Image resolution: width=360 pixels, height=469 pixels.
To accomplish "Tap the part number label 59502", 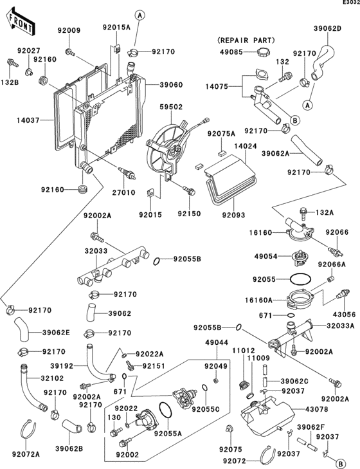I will pyautogui.click(x=172, y=109).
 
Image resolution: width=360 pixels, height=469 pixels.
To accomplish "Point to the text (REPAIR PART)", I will pyautogui.click(x=241, y=39).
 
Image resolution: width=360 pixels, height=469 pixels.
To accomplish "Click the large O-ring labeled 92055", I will pyautogui.click(x=300, y=280).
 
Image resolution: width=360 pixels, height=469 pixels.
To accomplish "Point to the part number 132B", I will pyautogui.click(x=8, y=82).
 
